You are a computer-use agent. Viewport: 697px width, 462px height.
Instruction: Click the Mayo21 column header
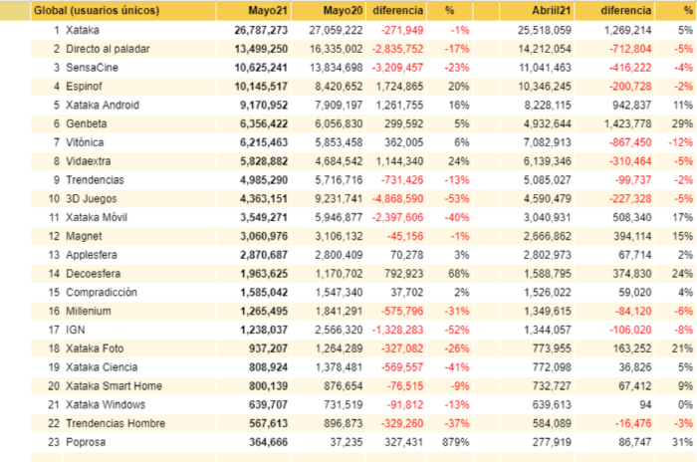click(268, 11)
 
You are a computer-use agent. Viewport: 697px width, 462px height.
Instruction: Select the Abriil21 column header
click(552, 11)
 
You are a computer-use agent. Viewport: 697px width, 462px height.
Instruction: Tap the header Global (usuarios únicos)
click(97, 11)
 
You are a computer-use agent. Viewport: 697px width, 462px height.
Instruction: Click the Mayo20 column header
click(343, 11)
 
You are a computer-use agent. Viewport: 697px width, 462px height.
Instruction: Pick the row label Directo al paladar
click(108, 49)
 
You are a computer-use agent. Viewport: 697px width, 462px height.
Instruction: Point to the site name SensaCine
click(92, 68)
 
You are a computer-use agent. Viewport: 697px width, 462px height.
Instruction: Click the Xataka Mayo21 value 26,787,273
click(261, 30)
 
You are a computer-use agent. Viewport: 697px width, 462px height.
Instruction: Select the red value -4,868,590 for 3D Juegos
click(397, 199)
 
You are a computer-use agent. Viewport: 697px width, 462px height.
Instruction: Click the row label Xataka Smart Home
click(114, 386)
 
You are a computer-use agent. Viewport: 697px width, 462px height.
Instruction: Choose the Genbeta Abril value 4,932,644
click(548, 123)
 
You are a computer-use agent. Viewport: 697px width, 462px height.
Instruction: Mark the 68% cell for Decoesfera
click(459, 274)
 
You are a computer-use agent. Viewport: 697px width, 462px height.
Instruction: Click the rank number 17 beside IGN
click(54, 330)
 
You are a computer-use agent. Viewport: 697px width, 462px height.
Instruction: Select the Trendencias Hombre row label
click(116, 423)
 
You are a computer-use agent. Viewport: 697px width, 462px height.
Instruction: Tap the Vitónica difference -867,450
click(630, 142)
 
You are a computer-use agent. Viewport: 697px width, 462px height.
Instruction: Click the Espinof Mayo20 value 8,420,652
click(339, 87)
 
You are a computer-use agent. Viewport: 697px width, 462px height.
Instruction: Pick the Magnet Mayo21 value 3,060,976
click(264, 236)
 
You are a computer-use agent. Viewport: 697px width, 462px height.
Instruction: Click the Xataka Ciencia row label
click(102, 367)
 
